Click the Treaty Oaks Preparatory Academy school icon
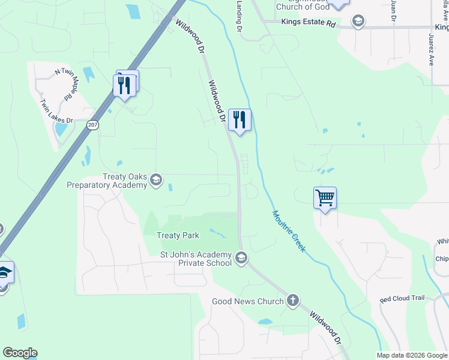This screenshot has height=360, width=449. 156,180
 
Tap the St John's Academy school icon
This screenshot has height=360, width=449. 241,259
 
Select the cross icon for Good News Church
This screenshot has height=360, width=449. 292,301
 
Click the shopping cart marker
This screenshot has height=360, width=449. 325,197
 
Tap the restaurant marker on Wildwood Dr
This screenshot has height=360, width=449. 240,120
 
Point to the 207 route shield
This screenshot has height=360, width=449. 92,125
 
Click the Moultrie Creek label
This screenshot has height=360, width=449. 289,230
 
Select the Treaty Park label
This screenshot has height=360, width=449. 178,236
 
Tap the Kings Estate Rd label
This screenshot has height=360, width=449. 308,23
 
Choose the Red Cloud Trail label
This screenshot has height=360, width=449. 402,299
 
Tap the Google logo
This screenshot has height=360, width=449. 20,353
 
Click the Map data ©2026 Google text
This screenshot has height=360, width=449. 412,355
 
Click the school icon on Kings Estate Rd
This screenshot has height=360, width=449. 358,23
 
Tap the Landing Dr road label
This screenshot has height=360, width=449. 239,16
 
